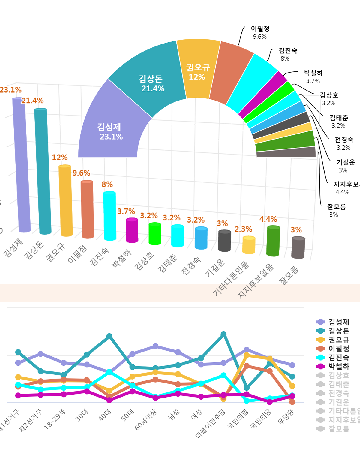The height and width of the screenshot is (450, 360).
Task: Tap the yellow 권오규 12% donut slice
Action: click(197, 72)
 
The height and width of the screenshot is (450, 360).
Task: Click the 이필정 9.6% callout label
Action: click(260, 32)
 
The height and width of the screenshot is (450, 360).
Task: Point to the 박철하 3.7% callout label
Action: click(313, 77)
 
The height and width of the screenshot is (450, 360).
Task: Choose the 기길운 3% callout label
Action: click(345, 166)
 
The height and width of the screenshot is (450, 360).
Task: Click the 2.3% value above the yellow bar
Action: click(243, 229)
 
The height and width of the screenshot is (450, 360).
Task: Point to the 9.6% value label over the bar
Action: click(81, 173)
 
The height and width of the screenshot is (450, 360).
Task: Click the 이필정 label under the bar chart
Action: click(77, 254)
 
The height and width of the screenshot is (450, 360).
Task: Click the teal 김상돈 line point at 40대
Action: click(109, 336)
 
